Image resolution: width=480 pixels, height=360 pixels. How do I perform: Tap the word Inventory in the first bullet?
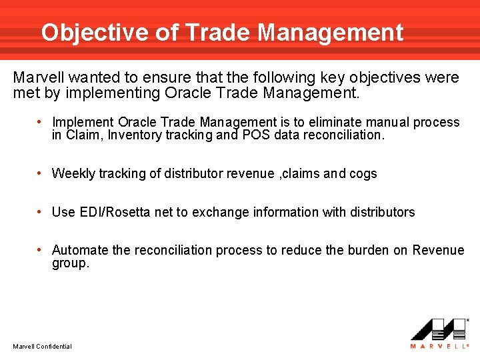point(133,135)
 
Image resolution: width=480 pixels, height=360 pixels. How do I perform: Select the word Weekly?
point(73,174)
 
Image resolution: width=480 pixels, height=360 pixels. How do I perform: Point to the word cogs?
point(363,174)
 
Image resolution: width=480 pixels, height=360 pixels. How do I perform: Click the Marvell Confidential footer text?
point(42,346)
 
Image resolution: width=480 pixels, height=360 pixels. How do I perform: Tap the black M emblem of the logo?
point(438,329)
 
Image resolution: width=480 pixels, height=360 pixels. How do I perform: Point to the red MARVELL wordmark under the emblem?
point(438,345)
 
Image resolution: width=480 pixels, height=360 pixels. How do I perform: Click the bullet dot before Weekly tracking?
point(41,173)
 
